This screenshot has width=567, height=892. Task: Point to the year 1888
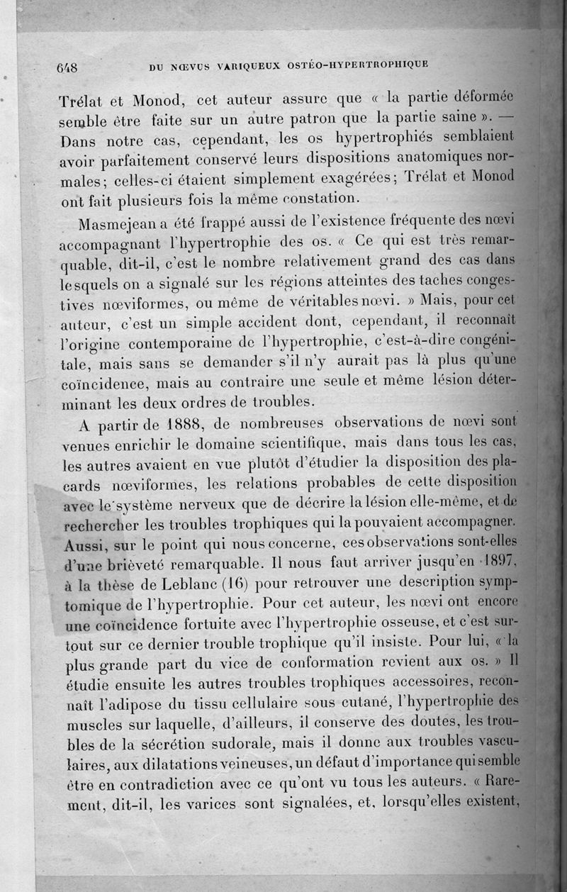(x=153, y=425)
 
